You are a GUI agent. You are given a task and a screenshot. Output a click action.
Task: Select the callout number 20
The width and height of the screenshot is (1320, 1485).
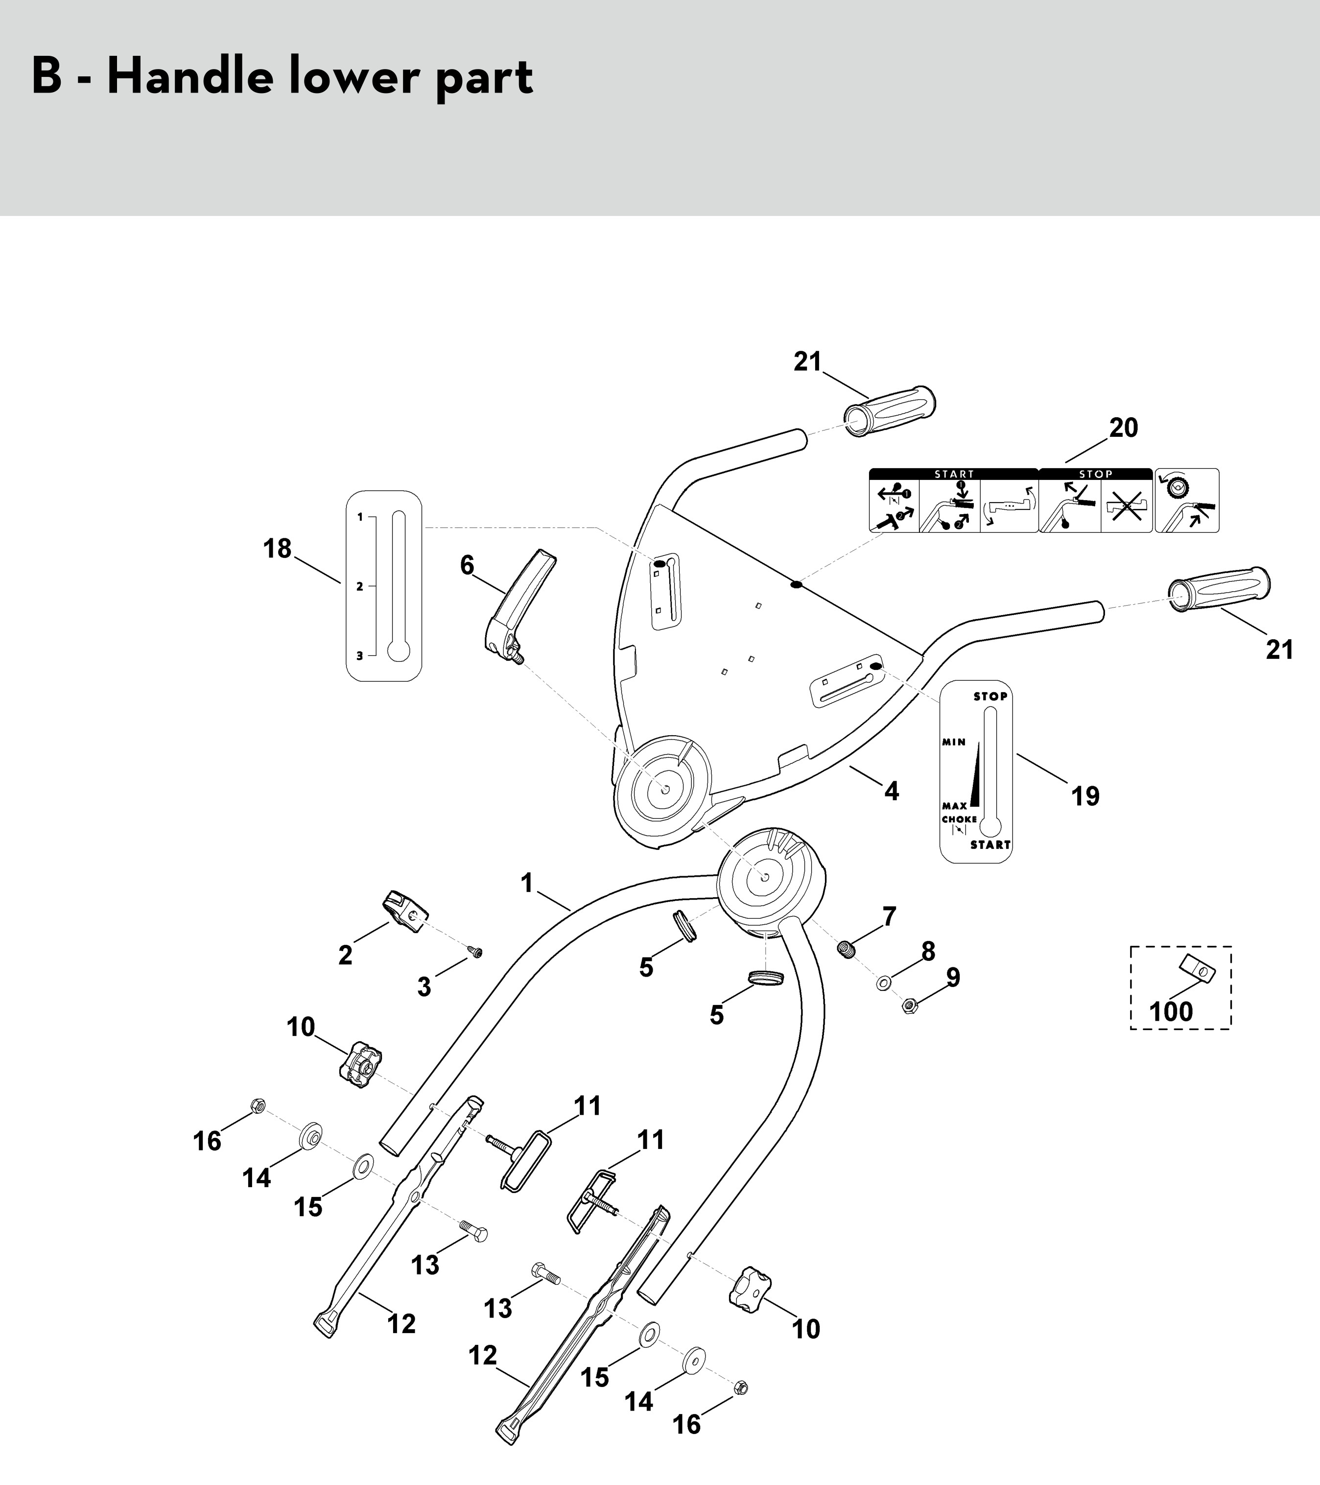pyautogui.click(x=1123, y=428)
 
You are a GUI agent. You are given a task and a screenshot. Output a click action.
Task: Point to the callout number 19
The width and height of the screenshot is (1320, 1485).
pyautogui.click(x=1085, y=796)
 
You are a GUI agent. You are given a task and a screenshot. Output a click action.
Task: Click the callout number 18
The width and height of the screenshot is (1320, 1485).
pyautogui.click(x=278, y=549)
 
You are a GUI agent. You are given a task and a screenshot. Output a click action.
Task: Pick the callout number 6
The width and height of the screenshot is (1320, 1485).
pyautogui.click(x=467, y=565)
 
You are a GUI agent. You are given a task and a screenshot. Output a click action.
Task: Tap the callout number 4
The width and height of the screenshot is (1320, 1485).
pyautogui.click(x=892, y=790)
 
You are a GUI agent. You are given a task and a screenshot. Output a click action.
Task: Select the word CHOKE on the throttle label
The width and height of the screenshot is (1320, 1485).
pyautogui.click(x=959, y=819)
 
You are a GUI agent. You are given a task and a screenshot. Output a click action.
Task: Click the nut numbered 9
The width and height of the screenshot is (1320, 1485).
pyautogui.click(x=908, y=1006)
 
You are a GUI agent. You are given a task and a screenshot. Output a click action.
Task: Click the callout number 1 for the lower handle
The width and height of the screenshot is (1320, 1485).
pyautogui.click(x=527, y=884)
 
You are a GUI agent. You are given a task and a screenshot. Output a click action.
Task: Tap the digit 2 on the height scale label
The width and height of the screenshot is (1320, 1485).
pyautogui.click(x=359, y=586)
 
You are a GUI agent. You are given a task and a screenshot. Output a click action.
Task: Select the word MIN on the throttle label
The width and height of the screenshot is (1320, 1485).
pyautogui.click(x=954, y=742)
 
